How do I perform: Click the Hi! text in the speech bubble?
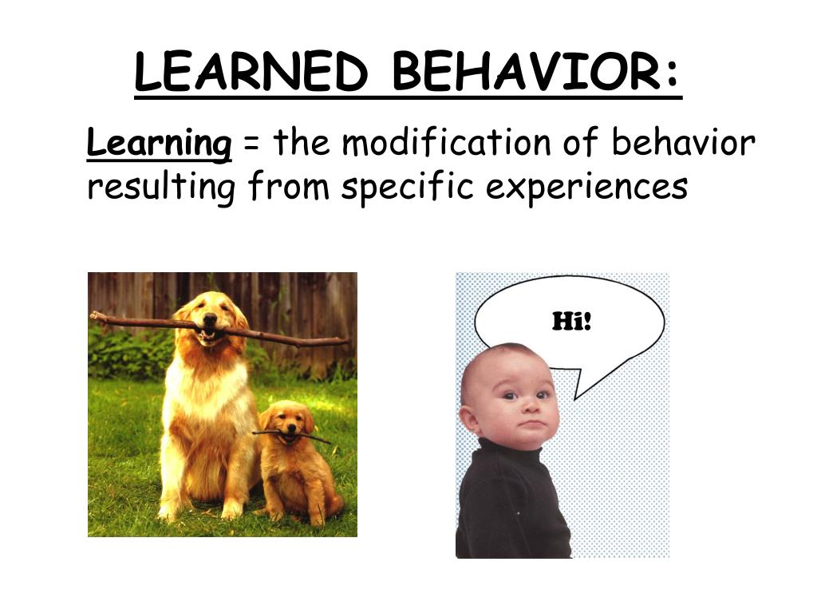[571, 322]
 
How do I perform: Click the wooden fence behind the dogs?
[303, 303]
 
